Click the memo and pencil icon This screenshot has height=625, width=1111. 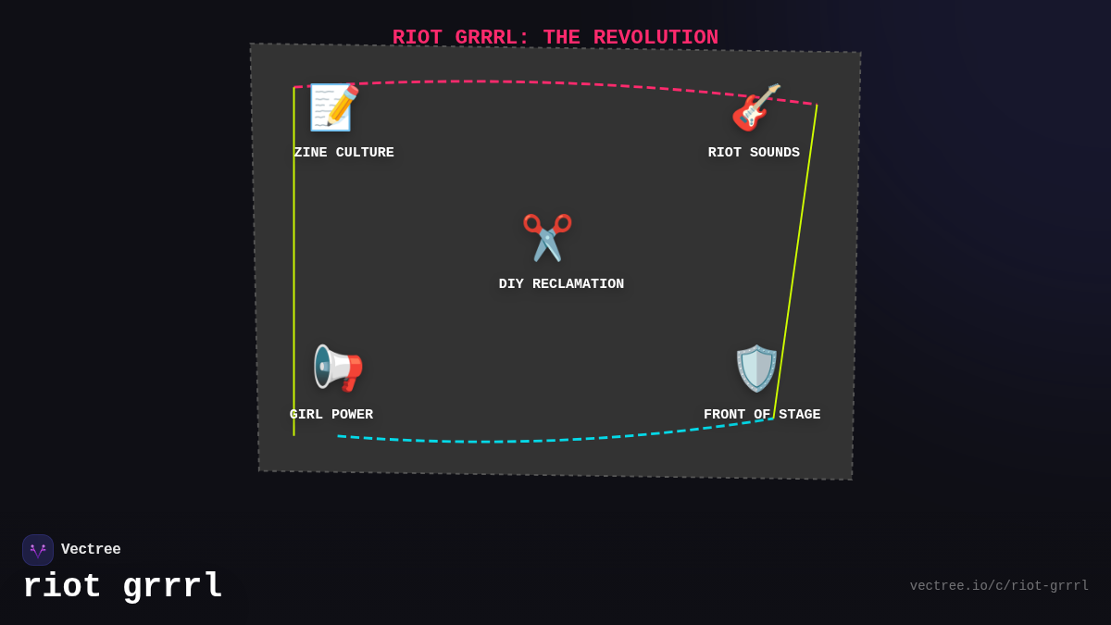pyautogui.click(x=333, y=107)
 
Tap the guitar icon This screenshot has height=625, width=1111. pyautogui.click(x=755, y=107)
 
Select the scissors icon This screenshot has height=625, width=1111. pyautogui.click(x=547, y=238)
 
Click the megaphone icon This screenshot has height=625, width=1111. pyautogui.click(x=338, y=369)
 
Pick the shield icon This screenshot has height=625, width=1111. pyautogui.click(x=756, y=369)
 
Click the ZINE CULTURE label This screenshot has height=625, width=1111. pyautogui.click(x=343, y=153)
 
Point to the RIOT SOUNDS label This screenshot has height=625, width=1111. pyautogui.click(x=754, y=153)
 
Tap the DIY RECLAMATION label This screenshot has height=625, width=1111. pyautogui.click(x=561, y=284)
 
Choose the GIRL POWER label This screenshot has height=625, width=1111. pyautogui.click(x=331, y=415)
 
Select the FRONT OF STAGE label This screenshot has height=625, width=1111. pyautogui.click(x=762, y=415)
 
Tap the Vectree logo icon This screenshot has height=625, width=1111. pyautogui.click(x=38, y=550)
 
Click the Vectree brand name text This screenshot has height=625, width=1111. pyautogui.click(x=91, y=550)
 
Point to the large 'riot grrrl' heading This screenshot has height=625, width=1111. pyautogui.click(x=122, y=586)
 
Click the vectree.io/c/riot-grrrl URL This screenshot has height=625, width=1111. pyautogui.click(x=999, y=586)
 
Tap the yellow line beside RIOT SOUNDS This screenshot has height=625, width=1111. pyautogui.click(x=796, y=259)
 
